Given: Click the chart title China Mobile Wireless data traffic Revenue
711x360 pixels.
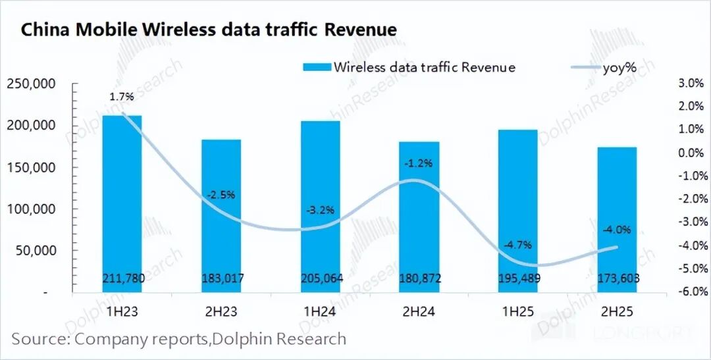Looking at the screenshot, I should (x=209, y=30).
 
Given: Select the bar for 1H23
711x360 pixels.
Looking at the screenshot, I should (x=122, y=204).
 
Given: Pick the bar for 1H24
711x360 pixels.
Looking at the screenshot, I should (x=320, y=207).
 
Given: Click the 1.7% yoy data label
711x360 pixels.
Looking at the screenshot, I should (x=122, y=97).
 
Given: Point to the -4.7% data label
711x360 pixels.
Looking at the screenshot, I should (x=518, y=244).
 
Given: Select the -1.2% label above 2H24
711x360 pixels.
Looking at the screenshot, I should (x=419, y=163).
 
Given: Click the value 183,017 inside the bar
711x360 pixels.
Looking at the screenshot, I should (x=221, y=279).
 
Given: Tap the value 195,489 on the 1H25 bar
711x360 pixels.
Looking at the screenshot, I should (x=518, y=279).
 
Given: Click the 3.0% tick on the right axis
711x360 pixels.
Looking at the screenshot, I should (x=690, y=83).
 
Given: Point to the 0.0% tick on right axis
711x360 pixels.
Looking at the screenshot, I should (x=690, y=153).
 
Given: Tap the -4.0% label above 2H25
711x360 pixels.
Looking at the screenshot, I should (x=617, y=230).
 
